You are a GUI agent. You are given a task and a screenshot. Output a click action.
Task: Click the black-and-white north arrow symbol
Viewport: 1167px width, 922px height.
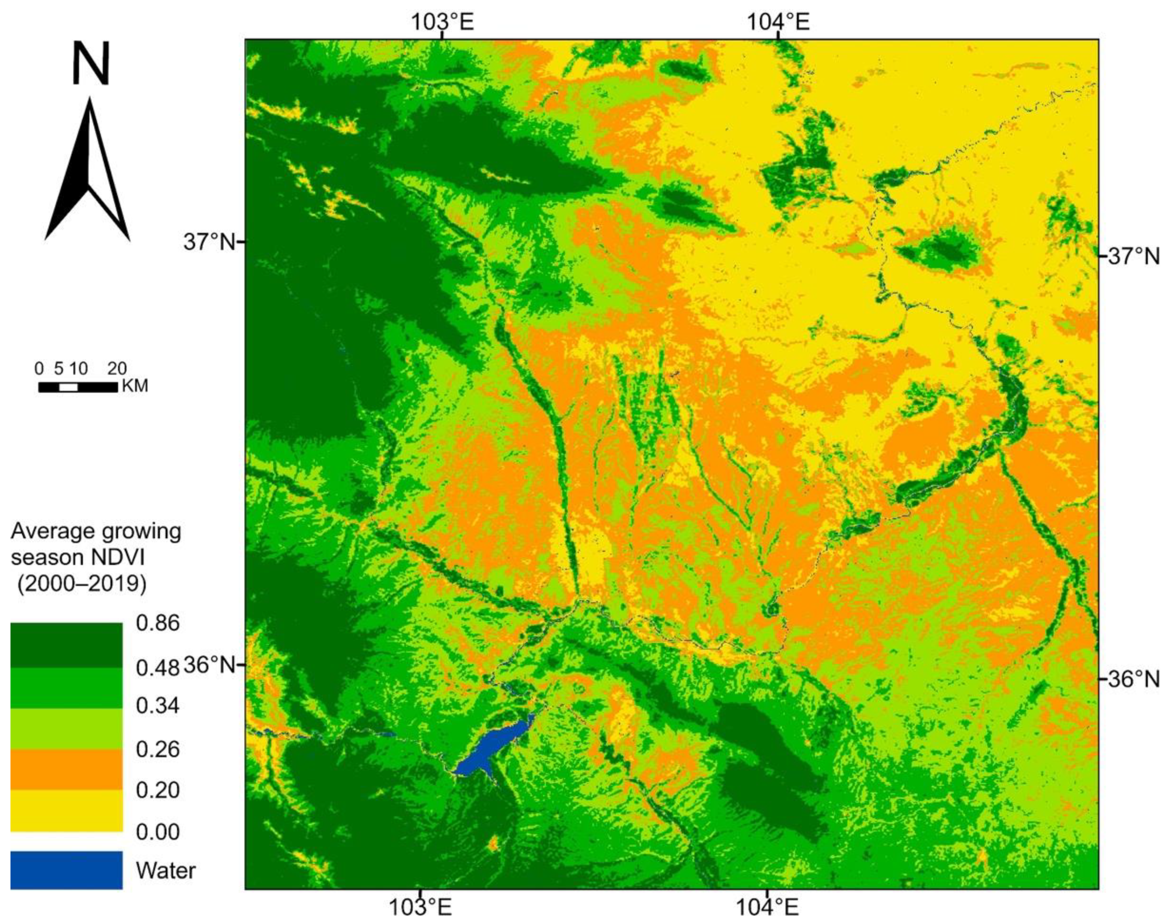(x=87, y=173)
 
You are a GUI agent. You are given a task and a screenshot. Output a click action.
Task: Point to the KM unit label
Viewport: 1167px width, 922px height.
(x=135, y=386)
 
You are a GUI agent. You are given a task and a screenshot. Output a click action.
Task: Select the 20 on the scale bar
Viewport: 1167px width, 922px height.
(x=117, y=369)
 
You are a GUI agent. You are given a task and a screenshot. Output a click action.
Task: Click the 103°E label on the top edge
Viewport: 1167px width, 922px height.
(x=443, y=23)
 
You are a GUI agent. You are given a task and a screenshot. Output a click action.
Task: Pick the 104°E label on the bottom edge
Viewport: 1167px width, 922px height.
(x=766, y=907)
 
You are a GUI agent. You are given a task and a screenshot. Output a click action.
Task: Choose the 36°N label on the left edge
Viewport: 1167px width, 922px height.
(x=210, y=665)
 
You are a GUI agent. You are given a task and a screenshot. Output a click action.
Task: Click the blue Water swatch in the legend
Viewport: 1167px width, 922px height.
(x=67, y=870)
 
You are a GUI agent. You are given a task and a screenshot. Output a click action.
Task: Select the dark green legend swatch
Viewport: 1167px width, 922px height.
(x=67, y=645)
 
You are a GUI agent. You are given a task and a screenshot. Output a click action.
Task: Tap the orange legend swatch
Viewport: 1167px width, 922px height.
(x=67, y=769)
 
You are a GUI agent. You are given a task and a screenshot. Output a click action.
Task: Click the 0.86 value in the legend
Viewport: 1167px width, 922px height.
(x=158, y=623)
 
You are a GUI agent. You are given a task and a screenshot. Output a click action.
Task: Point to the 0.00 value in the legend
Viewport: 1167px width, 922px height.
(x=158, y=832)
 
